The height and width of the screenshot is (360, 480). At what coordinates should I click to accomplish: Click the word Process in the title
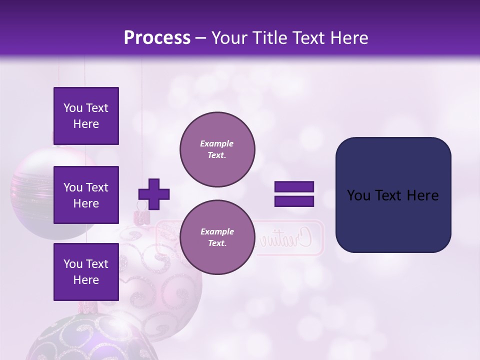click(157, 38)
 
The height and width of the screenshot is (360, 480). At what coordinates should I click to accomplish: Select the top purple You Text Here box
click(86, 116)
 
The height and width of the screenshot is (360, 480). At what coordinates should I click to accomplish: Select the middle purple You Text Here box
click(86, 195)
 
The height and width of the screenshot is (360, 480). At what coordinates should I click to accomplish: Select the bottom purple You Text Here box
click(86, 271)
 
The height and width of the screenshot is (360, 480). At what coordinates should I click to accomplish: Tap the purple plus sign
click(153, 194)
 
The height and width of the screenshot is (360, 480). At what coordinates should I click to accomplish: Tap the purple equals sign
click(294, 194)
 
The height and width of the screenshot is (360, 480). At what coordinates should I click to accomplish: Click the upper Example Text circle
click(217, 149)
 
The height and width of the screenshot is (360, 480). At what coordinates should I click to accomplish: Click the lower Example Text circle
click(217, 237)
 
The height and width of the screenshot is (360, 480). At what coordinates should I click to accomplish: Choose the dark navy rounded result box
click(393, 195)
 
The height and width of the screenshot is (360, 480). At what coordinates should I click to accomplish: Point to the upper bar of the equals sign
click(294, 187)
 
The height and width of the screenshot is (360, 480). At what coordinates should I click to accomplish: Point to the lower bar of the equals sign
click(294, 201)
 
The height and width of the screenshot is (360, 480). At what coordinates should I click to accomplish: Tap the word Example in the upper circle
click(217, 143)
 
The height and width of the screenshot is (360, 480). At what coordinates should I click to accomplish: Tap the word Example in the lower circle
click(217, 231)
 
